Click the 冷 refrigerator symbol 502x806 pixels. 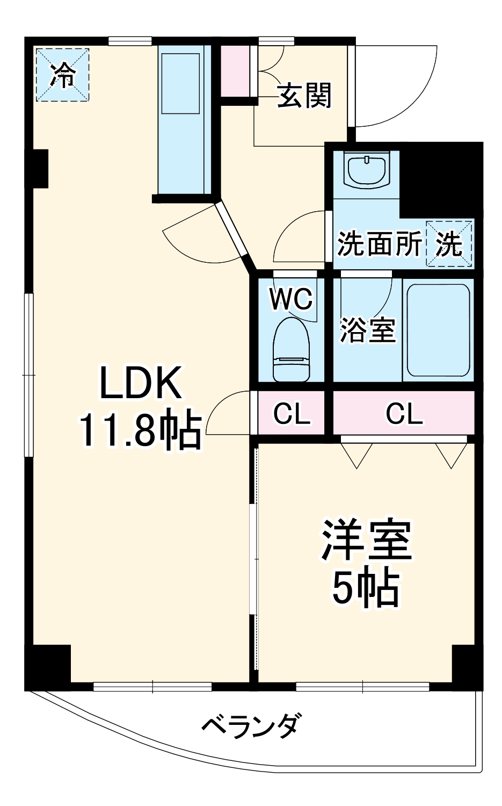coord(63,75)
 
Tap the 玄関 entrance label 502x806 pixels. coord(305,96)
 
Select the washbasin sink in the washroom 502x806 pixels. coord(367,170)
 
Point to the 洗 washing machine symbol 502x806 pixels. coord(449,244)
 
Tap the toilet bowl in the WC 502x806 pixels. coord(292,350)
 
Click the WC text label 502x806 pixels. coord(291,299)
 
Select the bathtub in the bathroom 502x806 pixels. coord(438,330)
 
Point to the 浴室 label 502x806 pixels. coord(368,329)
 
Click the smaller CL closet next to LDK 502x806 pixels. coord(292,413)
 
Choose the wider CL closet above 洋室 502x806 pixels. coord(404,413)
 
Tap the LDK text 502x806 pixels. coord(141,383)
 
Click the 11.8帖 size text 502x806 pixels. coord(141,430)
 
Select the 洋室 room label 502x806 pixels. coord(366,539)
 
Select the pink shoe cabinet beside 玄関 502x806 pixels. coord(236,71)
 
